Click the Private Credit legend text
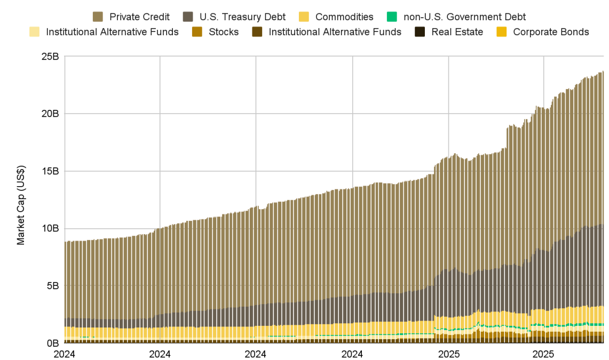coord(139,17)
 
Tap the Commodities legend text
coord(344,17)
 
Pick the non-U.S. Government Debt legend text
coord(464,17)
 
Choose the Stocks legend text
coord(224,32)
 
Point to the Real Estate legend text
coord(457,32)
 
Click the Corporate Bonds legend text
coord(551,32)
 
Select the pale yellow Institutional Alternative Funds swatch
coord(35,32)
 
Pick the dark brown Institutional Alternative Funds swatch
coord(258,32)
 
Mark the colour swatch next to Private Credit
coord(98,17)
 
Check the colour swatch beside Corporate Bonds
coord(502,32)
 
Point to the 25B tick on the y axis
coord(50,57)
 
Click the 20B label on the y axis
coord(50,114)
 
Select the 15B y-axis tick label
coord(50,171)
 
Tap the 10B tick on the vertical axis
coord(50,228)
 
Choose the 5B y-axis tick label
coord(52,286)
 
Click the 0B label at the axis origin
coord(52,343)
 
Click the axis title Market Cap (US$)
coord(21,200)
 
